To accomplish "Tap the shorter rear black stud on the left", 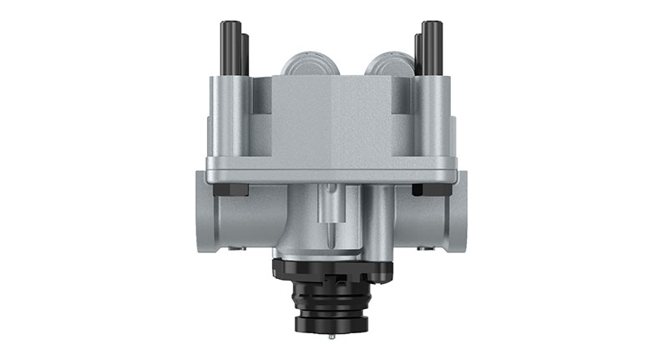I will [x=244, y=55].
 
